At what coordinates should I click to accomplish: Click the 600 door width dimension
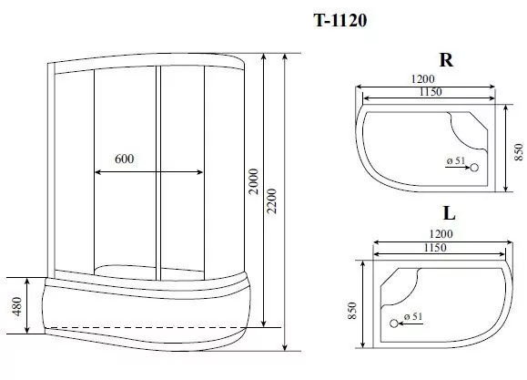[x=125, y=159]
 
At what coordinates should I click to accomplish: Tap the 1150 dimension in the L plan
[x=441, y=248]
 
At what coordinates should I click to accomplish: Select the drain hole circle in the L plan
[x=395, y=323]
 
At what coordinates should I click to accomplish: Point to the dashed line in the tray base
[x=146, y=325]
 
